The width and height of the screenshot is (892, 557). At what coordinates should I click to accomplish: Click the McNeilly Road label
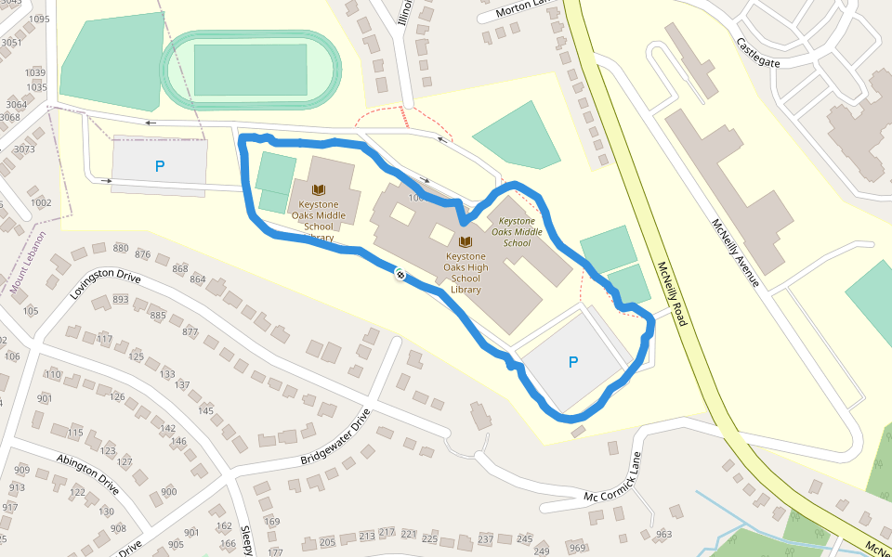(670, 293)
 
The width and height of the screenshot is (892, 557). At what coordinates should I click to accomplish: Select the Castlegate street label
(758, 53)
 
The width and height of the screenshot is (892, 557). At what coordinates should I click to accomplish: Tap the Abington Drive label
(87, 473)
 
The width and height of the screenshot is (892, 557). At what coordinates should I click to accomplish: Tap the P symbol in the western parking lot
(160, 167)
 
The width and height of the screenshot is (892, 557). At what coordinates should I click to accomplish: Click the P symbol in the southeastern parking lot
(572, 362)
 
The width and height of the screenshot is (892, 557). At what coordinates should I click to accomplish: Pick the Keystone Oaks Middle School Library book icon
(318, 188)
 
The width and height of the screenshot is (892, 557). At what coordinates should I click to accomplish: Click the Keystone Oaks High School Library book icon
(466, 241)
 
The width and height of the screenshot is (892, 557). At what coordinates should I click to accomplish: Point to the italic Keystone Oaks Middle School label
(517, 232)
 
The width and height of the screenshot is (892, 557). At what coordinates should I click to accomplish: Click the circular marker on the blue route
(400, 274)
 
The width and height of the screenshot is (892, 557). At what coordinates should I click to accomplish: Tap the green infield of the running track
(250, 70)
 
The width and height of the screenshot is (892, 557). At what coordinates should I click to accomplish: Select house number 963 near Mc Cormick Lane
(662, 535)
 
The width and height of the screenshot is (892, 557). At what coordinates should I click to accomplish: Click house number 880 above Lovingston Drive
(121, 248)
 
